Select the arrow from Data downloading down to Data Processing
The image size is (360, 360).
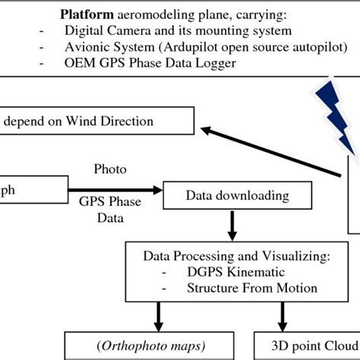(x=229, y=224)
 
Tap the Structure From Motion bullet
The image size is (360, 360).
(x=240, y=288)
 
